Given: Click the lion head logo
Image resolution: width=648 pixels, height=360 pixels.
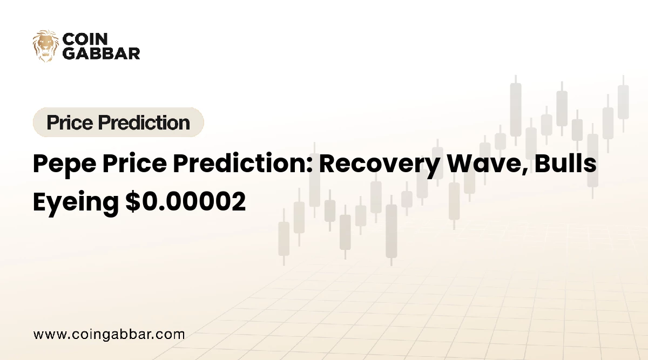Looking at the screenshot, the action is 45,46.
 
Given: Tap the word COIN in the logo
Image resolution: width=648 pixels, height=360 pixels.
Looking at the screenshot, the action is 85,39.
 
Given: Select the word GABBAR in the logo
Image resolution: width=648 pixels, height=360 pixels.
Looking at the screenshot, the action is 102,53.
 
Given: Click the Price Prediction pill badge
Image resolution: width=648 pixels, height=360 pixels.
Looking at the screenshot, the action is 118,122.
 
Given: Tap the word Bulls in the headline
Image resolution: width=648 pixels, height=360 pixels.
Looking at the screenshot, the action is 565,164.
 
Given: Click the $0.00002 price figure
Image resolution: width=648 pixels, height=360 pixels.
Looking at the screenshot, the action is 186,201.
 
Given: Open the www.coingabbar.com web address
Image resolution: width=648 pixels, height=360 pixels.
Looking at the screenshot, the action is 109,335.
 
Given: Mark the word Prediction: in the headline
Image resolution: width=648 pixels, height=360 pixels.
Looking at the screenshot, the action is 242,164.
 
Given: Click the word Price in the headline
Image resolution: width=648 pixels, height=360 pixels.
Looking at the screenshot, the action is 134,164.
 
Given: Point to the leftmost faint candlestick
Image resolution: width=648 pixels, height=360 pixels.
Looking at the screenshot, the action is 284,237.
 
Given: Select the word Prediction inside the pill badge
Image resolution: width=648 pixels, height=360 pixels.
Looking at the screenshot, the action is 144,123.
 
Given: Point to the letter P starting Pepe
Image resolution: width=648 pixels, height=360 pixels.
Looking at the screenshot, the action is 40,164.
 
